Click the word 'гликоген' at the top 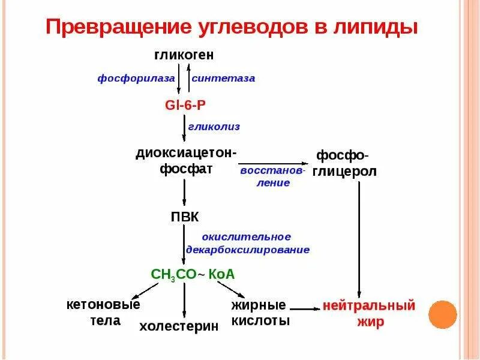[184, 56]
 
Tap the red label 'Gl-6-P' [185, 104]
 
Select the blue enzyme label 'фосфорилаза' [137, 79]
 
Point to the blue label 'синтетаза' [223, 79]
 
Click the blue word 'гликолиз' [214, 127]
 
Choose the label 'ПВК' [185, 217]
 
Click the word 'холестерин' [179, 326]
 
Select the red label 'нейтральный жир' [368, 313]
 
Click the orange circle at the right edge [442, 314]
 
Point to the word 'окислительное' [247, 236]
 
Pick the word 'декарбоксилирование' [248, 250]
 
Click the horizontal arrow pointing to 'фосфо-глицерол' [273, 163]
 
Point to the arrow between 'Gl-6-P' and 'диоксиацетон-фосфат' [184, 127]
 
